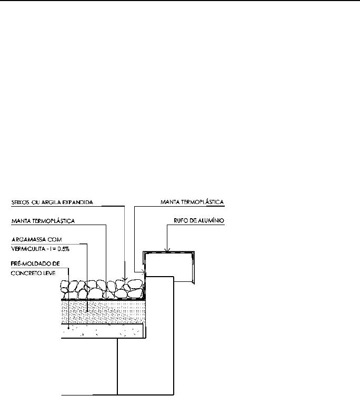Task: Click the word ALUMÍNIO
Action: pos(211,220)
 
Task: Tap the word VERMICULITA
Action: pos(28,249)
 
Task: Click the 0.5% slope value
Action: pos(63,249)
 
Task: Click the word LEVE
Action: pos(50,273)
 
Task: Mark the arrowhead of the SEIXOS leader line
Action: pos(124,279)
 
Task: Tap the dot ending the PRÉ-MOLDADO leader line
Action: pos(68,328)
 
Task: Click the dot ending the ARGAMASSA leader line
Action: pos(87,311)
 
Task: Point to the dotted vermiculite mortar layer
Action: pos(103,312)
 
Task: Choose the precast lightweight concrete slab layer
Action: pos(103,331)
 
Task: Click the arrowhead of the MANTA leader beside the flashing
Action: pos(144,272)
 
